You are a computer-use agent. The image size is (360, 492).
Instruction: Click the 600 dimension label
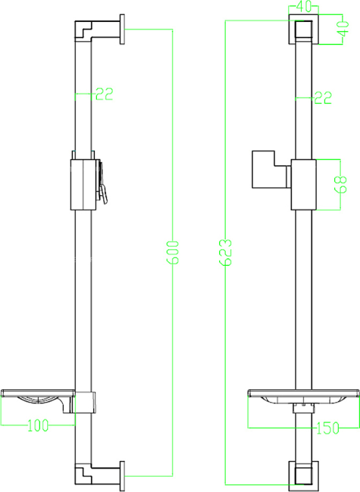click(x=173, y=252)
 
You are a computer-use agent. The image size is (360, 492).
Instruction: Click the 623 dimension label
click(x=225, y=252)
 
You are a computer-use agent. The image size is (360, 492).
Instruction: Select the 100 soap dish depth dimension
click(x=38, y=425)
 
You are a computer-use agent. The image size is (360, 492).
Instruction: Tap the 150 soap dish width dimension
click(x=328, y=427)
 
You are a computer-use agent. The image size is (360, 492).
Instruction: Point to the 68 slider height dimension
click(x=340, y=184)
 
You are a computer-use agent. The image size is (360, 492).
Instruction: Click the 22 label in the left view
click(x=104, y=94)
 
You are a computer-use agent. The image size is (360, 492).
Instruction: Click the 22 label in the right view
click(x=323, y=97)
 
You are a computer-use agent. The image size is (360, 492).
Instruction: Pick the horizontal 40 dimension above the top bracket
click(x=304, y=6)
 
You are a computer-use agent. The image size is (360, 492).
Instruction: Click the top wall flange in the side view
click(x=122, y=29)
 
